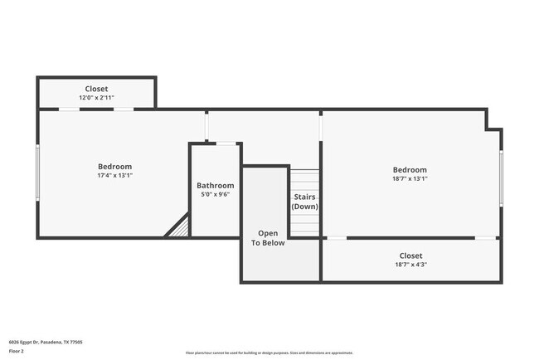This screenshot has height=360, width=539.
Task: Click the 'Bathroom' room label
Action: tap(215, 185)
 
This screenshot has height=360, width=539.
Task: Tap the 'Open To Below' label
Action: tap(268, 238)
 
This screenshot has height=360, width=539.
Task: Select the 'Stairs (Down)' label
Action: tap(304, 202)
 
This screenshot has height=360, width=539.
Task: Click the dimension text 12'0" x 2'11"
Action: tap(96, 99)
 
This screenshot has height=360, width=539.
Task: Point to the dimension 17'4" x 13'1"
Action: tap(114, 176)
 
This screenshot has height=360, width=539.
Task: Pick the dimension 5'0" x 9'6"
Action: tap(215, 195)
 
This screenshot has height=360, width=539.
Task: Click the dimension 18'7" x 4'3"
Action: tap(410, 265)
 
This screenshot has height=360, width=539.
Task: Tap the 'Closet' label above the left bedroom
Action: tap(96, 89)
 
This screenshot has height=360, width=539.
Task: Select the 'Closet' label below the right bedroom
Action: tap(410, 255)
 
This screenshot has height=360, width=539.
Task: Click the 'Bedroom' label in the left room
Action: tap(114, 167)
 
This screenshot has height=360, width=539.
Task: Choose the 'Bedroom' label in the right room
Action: tap(410, 170)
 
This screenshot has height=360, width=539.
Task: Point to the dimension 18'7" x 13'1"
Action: tap(410, 179)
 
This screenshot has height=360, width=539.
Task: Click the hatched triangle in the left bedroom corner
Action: tap(178, 228)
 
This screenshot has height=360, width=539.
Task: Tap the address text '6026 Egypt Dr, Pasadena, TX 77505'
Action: tap(46, 342)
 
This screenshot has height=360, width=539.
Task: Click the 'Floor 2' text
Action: tap(17, 351)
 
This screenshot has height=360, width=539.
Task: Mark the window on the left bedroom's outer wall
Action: tap(37, 173)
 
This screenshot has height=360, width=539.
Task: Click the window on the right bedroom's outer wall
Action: tap(501, 178)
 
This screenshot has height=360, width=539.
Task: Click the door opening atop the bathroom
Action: tap(226, 144)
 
